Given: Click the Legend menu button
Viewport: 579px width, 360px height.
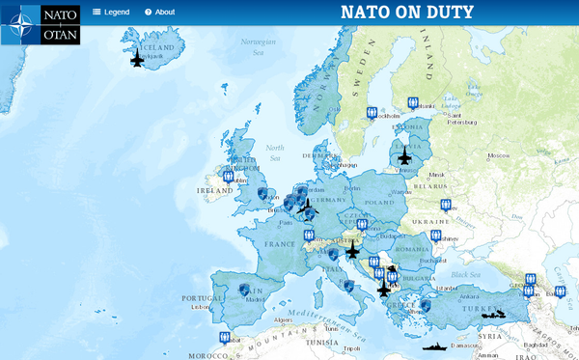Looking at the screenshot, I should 111,12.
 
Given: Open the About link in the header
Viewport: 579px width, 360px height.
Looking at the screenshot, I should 159,12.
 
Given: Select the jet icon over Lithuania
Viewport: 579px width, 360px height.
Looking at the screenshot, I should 403,156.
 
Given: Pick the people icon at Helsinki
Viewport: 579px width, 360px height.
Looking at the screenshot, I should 413,102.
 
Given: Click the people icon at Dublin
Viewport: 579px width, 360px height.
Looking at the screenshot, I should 229,177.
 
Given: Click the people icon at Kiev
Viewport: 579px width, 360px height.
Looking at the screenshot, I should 446,205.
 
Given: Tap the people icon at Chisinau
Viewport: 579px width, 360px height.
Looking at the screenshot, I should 436,235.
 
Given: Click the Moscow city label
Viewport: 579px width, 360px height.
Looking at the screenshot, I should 498,155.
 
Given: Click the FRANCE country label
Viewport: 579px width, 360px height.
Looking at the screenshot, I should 279,244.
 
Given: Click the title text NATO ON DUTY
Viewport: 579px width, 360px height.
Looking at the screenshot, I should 407,12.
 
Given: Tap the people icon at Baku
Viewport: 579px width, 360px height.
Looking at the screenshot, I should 560,291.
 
